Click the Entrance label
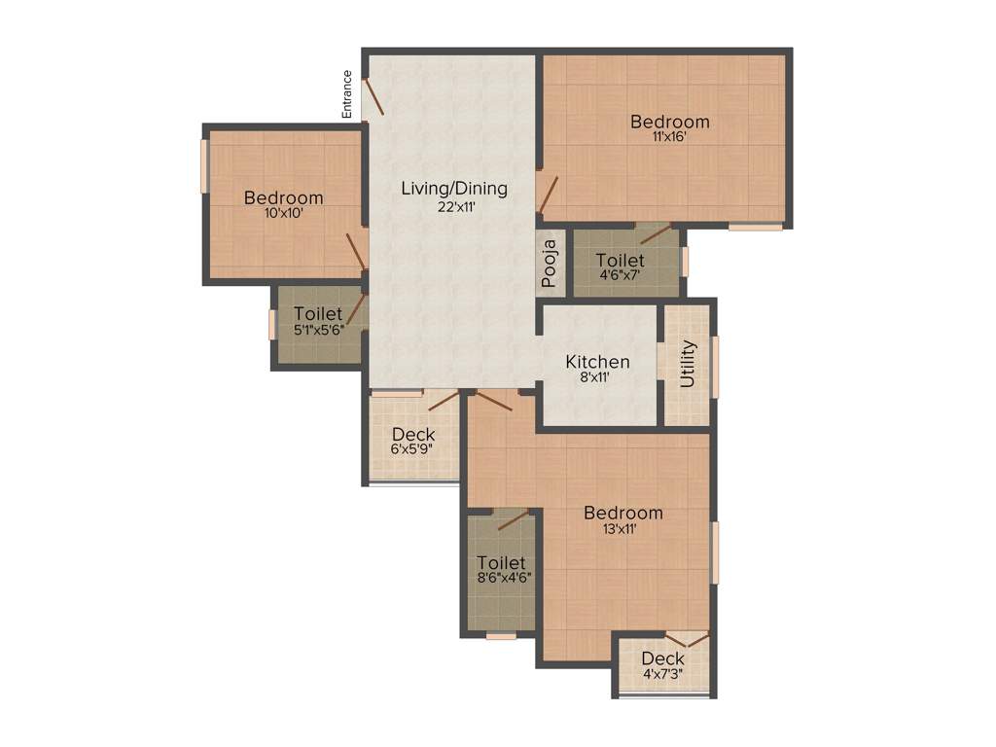(346, 94)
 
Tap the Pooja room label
(550, 264)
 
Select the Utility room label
(688, 364)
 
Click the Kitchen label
(597, 362)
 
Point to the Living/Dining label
(454, 189)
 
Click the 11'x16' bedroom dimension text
(669, 138)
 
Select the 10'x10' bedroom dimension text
(283, 213)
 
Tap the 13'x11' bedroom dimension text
(622, 529)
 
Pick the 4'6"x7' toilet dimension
(620, 275)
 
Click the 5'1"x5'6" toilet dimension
(318, 330)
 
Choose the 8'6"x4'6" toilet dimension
(502, 577)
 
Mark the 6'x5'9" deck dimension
(412, 449)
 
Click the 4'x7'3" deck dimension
(662, 674)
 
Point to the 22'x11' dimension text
(454, 205)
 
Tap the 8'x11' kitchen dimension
(597, 377)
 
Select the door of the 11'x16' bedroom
(548, 195)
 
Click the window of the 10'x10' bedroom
(204, 166)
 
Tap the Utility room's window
(715, 367)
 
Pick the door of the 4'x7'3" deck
(692, 639)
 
